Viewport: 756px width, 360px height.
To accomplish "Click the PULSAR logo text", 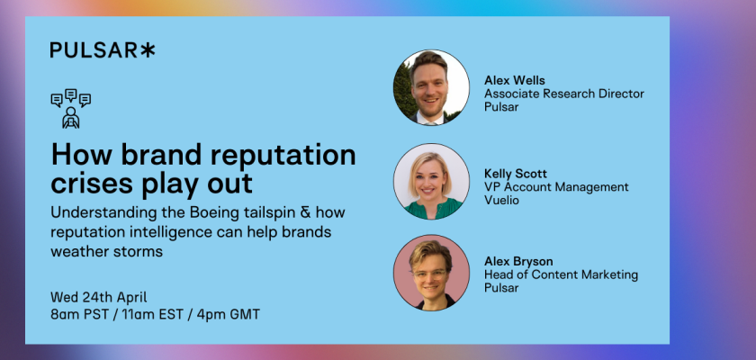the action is (94, 50).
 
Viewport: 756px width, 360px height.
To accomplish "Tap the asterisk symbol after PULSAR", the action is (148, 50).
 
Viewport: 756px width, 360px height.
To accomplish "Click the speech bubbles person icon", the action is (71, 108).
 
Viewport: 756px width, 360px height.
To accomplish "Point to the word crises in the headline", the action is (92, 184).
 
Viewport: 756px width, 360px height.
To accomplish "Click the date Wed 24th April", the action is (99, 297).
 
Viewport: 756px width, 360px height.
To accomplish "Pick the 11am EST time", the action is (152, 315).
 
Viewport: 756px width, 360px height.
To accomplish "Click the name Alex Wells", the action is (515, 80).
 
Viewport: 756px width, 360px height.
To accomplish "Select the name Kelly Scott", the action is (516, 174).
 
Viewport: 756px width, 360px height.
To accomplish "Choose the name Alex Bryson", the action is (518, 262).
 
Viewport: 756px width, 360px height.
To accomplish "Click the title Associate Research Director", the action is (564, 94).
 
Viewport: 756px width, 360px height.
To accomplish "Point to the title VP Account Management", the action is (556, 186).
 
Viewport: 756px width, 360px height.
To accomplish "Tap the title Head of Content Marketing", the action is (561, 274).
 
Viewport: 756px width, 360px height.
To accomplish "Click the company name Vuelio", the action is (501, 200).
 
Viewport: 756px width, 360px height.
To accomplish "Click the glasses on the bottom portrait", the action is (429, 274).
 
